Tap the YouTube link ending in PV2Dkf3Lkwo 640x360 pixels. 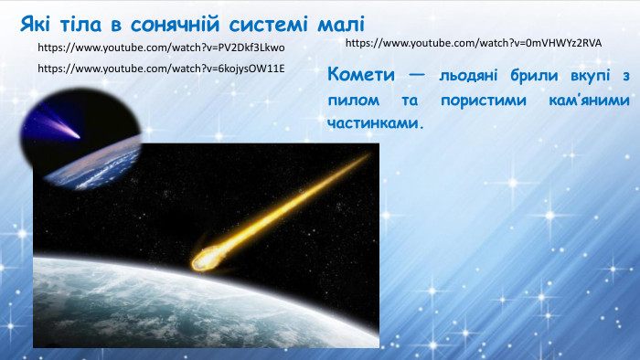click(x=162, y=47)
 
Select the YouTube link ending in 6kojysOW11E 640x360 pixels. click(x=162, y=69)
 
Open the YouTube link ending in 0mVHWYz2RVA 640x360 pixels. click(x=474, y=43)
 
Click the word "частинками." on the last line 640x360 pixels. click(x=376, y=122)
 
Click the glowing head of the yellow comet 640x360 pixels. click(x=203, y=260)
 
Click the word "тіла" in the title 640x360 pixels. click(x=88, y=22)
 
